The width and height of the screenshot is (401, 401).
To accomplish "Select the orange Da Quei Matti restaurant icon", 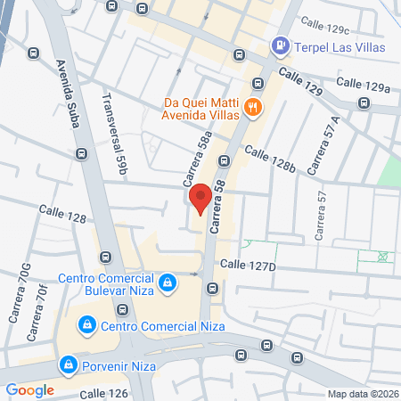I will point(254,108).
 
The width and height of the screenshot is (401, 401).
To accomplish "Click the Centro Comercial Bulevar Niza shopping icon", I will point(167,283).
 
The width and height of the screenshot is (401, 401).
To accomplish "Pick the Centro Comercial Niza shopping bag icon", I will point(86,325).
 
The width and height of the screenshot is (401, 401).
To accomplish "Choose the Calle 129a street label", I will point(364,86).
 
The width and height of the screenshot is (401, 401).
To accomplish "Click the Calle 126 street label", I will point(105,393).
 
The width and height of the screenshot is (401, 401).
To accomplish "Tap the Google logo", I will point(30,389).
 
